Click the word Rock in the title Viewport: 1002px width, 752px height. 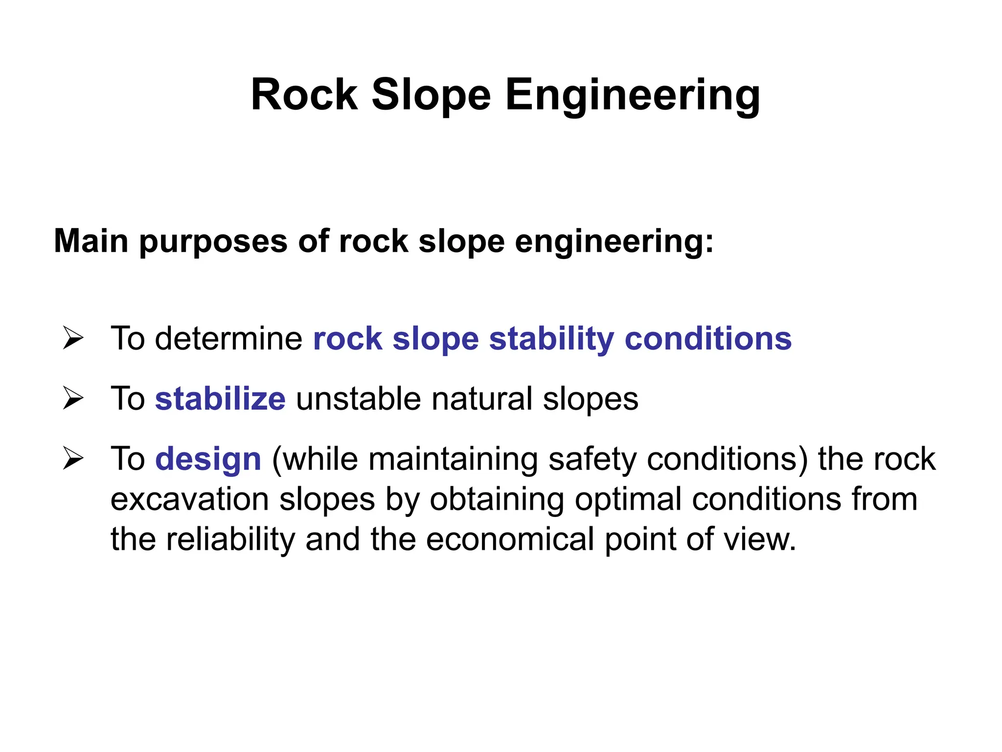click(x=304, y=95)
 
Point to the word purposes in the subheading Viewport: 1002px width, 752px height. click(x=213, y=242)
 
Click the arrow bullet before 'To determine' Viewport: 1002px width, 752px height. click(x=73, y=338)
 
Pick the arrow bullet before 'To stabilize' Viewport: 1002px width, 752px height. click(x=73, y=398)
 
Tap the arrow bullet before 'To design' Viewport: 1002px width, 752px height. click(x=73, y=459)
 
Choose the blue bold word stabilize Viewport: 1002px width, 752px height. click(x=220, y=399)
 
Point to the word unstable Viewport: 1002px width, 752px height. click(x=358, y=399)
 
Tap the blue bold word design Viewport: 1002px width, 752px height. click(x=208, y=459)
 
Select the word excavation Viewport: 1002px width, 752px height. click(x=189, y=499)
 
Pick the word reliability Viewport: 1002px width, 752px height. click(x=230, y=539)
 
